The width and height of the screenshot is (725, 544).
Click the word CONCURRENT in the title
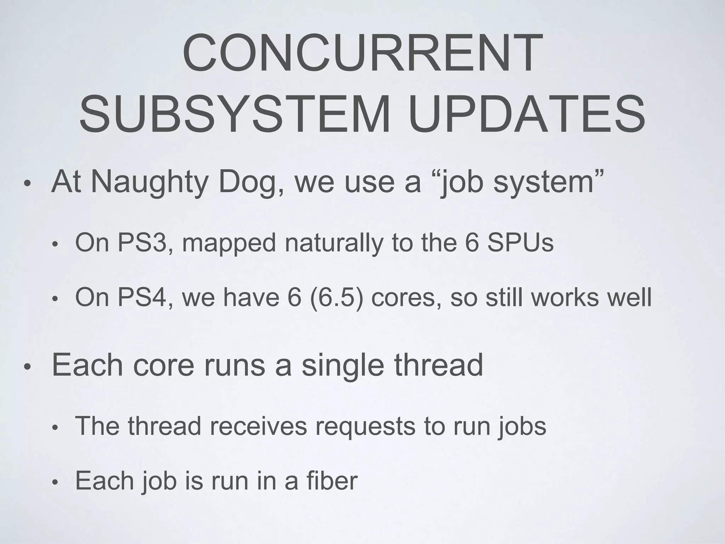(362, 54)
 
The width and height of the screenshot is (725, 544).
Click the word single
(342, 366)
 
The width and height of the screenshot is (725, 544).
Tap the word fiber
(332, 481)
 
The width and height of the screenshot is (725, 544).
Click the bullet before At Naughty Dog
(27, 185)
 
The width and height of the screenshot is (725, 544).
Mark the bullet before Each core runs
(27, 368)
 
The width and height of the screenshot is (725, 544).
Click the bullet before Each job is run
(55, 483)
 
